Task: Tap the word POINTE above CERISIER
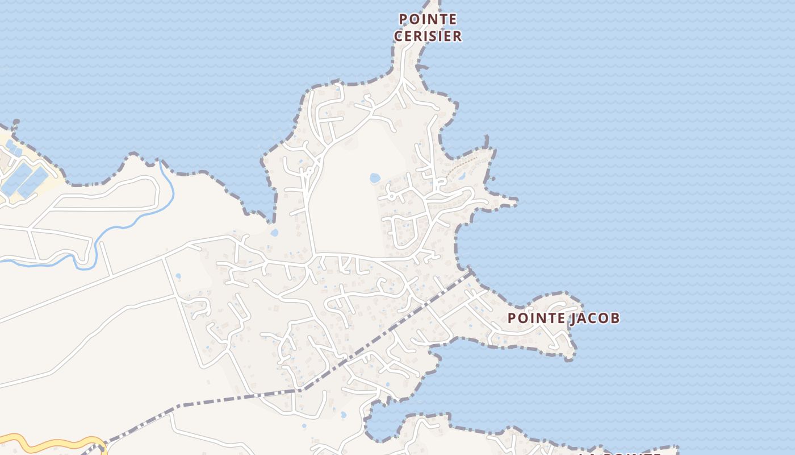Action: pyautogui.click(x=428, y=19)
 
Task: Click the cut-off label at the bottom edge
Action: pyautogui.click(x=619, y=453)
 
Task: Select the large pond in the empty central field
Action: pyautogui.click(x=375, y=179)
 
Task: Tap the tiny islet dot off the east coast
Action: pyautogui.click(x=493, y=179)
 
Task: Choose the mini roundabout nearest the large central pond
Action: pyautogui.click(x=309, y=169)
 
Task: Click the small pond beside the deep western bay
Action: pyautogui.click(x=275, y=233)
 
